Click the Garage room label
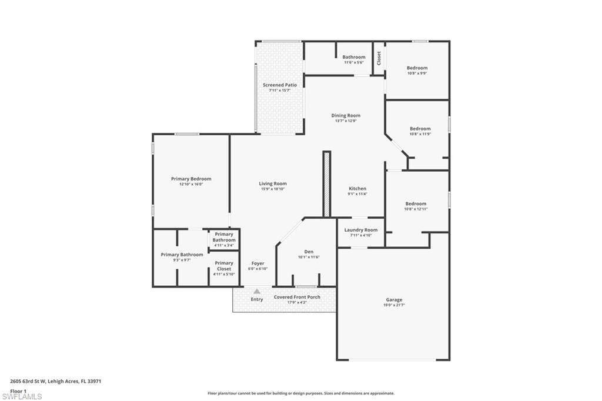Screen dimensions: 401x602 tap(394, 300)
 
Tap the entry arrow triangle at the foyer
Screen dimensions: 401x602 tap(257, 291)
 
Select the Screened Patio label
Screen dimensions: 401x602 tap(279, 85)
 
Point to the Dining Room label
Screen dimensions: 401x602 tap(346, 116)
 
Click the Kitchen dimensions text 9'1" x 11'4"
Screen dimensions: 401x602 tap(357, 194)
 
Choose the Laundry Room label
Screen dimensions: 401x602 tap(361, 230)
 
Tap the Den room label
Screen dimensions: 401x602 tap(309, 252)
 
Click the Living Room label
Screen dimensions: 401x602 tap(273, 184)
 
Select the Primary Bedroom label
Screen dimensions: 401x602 tap(191, 179)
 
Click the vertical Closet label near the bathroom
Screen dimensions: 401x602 tap(379, 58)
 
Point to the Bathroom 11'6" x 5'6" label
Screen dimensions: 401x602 tap(354, 58)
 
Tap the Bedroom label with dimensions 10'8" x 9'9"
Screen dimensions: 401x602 tap(417, 68)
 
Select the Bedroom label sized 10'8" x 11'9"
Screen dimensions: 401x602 tap(420, 129)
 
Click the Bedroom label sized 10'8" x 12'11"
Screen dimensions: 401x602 tap(416, 204)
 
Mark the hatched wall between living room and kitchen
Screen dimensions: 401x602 tap(327, 184)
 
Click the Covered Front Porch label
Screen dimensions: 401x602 tap(297, 298)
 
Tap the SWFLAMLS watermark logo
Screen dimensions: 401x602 tap(22, 396)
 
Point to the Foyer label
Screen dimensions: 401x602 tap(257, 263)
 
